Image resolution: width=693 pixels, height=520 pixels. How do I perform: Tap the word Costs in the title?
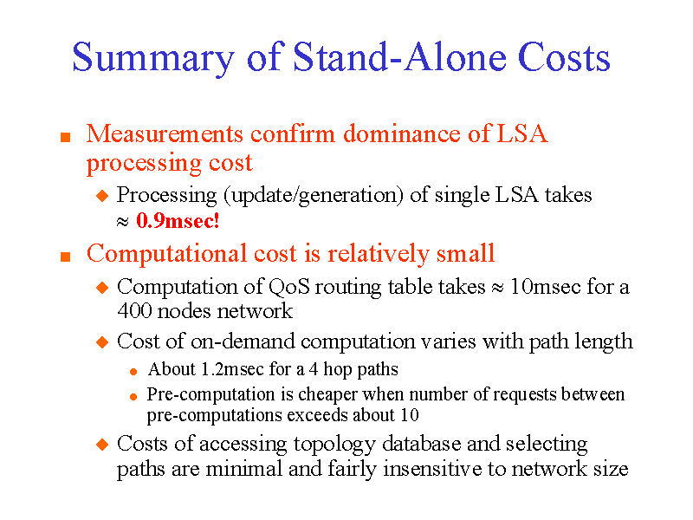(564, 58)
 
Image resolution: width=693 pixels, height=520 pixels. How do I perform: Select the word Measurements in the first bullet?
(165, 134)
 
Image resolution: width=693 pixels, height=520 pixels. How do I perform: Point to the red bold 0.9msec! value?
(178, 221)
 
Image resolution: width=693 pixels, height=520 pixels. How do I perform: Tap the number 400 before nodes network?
(133, 311)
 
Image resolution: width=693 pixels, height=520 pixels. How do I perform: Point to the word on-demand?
(249, 341)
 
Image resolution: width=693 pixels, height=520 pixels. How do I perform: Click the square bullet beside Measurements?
(63, 137)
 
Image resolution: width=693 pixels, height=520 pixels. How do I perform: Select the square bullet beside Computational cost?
(63, 257)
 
